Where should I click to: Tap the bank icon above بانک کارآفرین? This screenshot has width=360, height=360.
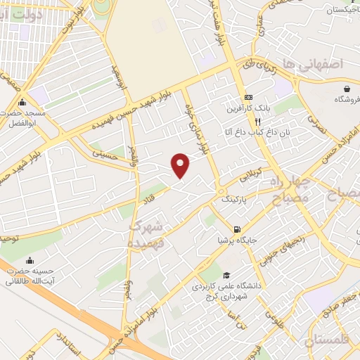[x=247, y=97]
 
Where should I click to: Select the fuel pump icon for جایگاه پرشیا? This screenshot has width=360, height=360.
[x=237, y=229]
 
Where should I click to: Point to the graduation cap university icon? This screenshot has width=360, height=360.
[x=226, y=275]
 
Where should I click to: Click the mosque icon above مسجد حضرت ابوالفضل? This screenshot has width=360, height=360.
[x=23, y=101]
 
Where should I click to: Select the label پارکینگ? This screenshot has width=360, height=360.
[x=235, y=200]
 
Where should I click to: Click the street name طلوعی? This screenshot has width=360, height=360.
[x=279, y=321]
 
